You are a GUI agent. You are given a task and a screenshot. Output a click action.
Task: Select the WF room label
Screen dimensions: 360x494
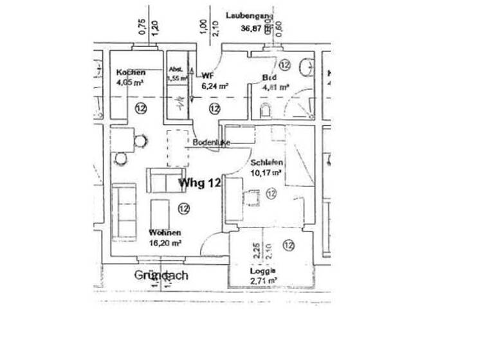208,76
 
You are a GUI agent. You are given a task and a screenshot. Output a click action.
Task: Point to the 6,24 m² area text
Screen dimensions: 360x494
215,85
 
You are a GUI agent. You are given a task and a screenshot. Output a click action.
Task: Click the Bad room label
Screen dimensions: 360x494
269,78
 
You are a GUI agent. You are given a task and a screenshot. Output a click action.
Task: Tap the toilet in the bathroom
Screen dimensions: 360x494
266,111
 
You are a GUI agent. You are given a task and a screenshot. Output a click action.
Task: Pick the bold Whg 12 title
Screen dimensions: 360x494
200,183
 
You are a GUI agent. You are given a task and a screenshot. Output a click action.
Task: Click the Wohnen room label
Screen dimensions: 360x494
165,232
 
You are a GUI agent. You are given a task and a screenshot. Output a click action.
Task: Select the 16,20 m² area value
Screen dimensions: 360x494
165,243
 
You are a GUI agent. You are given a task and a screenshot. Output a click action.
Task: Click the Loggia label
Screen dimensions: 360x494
262,271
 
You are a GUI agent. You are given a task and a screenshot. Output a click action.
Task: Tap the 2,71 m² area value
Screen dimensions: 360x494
264,281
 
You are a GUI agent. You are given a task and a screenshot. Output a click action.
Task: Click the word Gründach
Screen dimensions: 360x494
161,275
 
